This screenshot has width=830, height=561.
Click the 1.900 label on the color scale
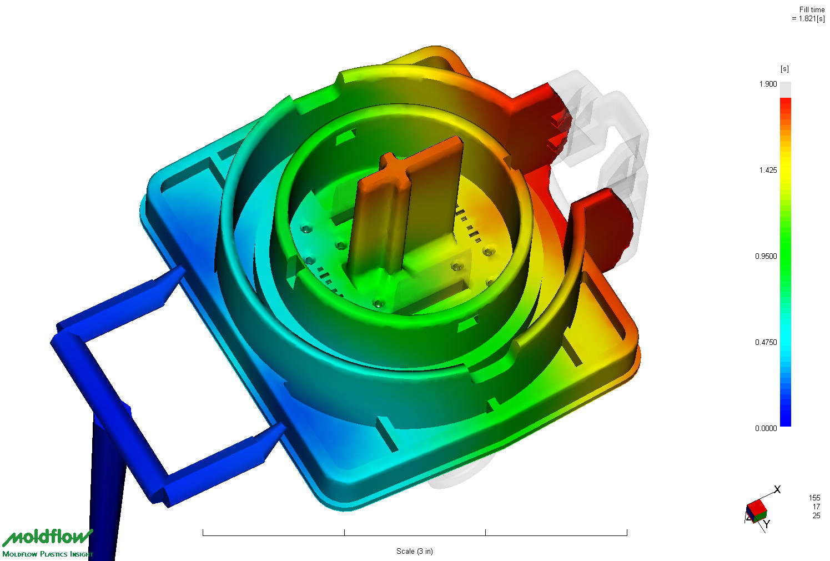coord(768,84)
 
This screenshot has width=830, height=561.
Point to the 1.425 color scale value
coord(768,170)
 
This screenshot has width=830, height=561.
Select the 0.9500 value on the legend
coord(766,256)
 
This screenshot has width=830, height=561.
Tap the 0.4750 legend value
coord(766,342)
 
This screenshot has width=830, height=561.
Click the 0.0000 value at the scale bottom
coord(766,428)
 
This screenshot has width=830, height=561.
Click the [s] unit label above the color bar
coord(784,69)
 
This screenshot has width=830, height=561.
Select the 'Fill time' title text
coord(812,9)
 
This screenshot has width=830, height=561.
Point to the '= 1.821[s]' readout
coord(808,18)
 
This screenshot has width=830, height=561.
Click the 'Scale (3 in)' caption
coord(415,552)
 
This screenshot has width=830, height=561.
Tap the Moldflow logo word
coord(47,538)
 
